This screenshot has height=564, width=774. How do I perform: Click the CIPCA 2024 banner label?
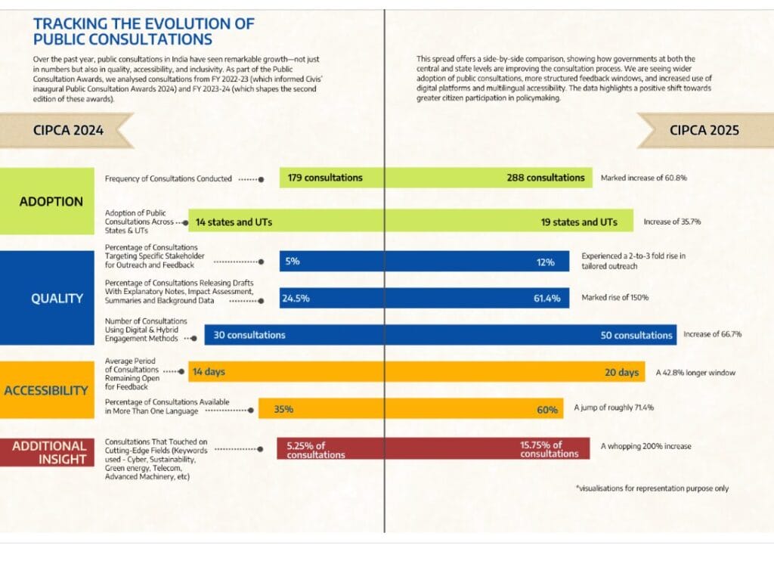tap(68, 130)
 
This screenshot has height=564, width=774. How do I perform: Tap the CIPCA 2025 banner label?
tap(704, 130)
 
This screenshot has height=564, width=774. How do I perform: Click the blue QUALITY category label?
tap(57, 298)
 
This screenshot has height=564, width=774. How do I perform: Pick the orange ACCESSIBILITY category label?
tap(46, 390)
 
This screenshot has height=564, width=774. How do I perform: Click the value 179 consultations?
tap(325, 178)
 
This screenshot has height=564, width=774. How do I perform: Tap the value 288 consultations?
tap(546, 178)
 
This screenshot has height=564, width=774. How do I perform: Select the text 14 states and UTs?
tap(234, 222)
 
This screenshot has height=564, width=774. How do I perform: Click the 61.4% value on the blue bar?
tap(546, 298)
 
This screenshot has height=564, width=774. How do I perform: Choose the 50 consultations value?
tap(636, 335)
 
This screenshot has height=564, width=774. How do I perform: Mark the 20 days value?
tap(622, 372)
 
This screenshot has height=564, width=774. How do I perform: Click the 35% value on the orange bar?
tap(283, 409)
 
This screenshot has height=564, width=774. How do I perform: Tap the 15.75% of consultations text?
tap(550, 449)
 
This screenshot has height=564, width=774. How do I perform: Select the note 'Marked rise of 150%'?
tap(615, 297)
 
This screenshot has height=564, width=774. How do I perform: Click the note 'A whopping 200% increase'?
tap(646, 446)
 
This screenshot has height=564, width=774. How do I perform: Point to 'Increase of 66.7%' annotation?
tap(712, 334)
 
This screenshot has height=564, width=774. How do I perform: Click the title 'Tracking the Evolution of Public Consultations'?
tap(144, 31)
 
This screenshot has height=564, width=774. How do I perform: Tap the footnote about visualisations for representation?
tap(652, 488)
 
